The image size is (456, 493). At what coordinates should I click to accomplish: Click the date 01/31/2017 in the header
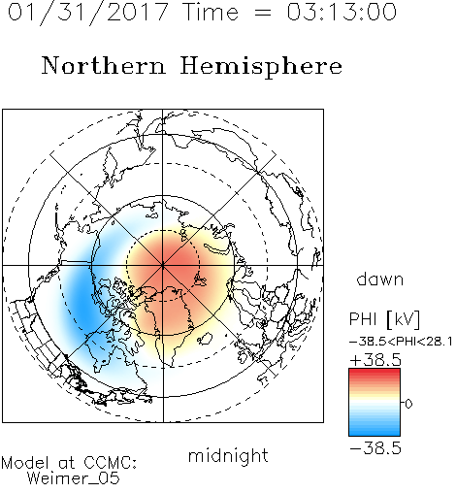pyautogui.click(x=88, y=13)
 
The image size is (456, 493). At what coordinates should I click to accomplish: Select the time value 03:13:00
pyautogui.click(x=342, y=12)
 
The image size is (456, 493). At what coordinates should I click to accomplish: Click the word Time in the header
pyautogui.click(x=211, y=12)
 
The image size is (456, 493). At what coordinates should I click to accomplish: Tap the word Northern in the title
pyautogui.click(x=104, y=65)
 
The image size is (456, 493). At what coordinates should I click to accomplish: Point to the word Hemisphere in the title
pyautogui.click(x=261, y=67)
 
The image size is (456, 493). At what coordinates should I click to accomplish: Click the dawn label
pyautogui.click(x=380, y=279)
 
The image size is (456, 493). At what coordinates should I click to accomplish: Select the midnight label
pyautogui.click(x=228, y=455)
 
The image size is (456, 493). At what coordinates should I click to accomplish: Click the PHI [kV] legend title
pyautogui.click(x=384, y=319)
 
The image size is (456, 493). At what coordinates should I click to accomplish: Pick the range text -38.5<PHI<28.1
pyautogui.click(x=401, y=342)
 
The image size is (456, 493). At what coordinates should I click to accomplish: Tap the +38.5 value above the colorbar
pyautogui.click(x=375, y=360)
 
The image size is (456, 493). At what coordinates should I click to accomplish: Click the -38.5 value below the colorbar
pyautogui.click(x=375, y=448)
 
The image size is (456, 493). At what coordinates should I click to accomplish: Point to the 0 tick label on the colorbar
pyautogui.click(x=408, y=404)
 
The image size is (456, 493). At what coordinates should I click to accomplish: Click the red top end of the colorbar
pyautogui.click(x=375, y=371)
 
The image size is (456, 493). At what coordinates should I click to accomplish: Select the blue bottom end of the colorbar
pyautogui.click(x=375, y=433)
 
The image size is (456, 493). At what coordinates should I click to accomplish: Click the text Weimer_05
pyautogui.click(x=74, y=478)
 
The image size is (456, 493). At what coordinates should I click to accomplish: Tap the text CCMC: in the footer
pyautogui.click(x=110, y=463)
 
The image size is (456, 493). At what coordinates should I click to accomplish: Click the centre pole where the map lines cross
pyautogui.click(x=163, y=265)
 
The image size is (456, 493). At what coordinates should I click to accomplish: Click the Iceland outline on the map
pyautogui.click(x=205, y=339)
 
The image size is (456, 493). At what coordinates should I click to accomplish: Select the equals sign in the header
pyautogui.click(x=263, y=13)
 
